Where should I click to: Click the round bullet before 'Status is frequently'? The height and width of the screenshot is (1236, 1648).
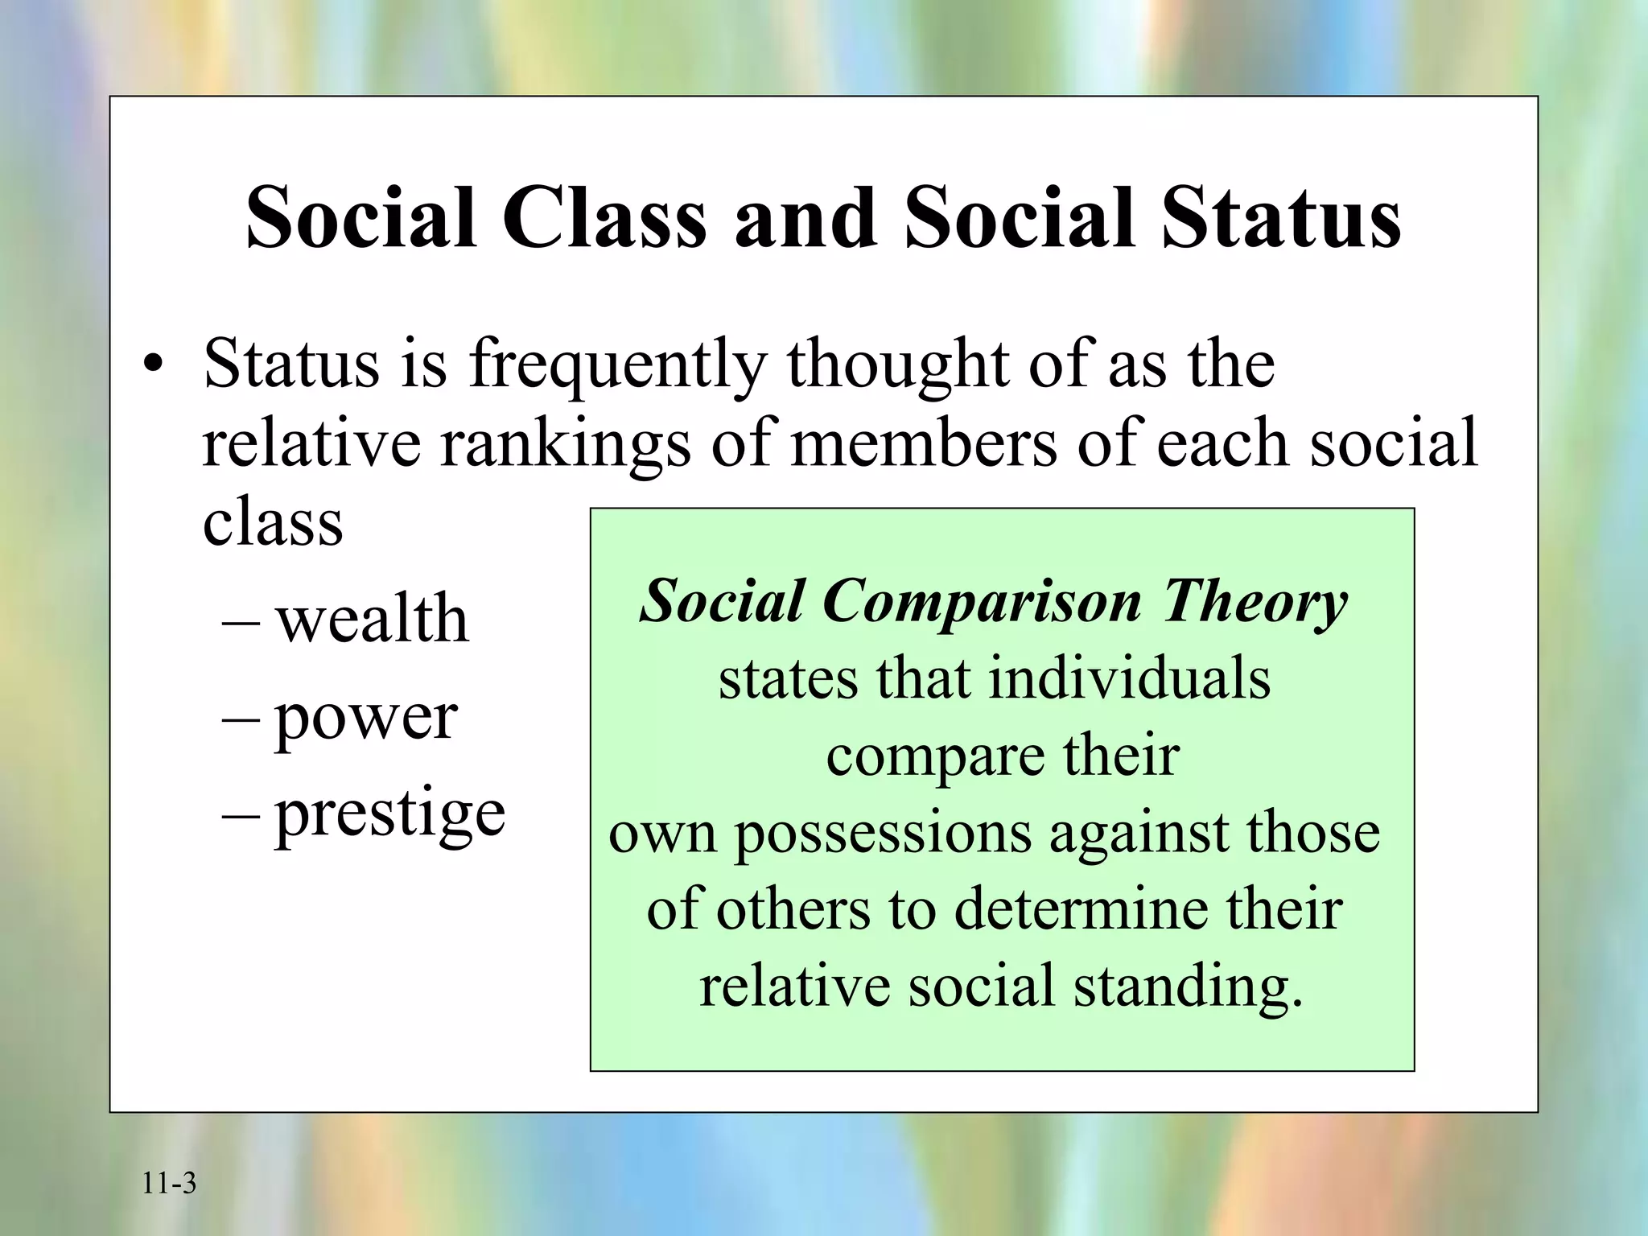152,366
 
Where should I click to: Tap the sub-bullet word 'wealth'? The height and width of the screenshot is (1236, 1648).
372,620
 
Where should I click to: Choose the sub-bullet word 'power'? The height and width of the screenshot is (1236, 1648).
366,718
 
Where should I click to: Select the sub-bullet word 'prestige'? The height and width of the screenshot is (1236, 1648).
390,813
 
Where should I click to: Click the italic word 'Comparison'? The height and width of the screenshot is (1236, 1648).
982,602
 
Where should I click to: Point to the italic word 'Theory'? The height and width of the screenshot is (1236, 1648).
1255,602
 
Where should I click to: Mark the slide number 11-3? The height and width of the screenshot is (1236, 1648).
169,1184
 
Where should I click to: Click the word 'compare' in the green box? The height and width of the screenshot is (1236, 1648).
933,756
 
